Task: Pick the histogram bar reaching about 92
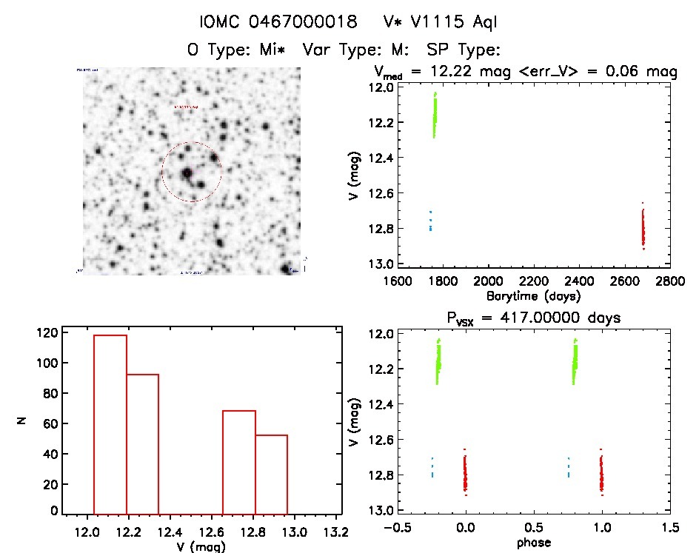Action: click(x=142, y=444)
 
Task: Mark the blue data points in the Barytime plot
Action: click(x=430, y=221)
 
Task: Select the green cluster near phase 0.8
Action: click(x=575, y=362)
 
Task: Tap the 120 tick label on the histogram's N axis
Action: click(x=44, y=332)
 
